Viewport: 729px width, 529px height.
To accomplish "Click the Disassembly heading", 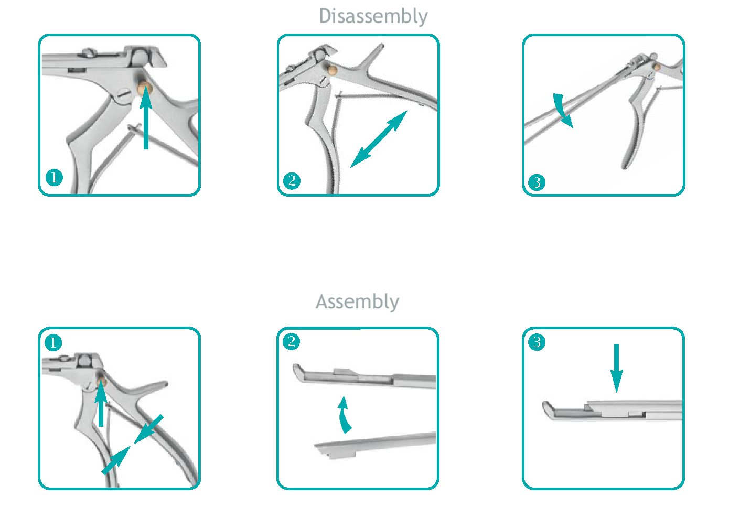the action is coord(373,17).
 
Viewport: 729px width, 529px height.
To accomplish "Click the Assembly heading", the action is coord(357,302).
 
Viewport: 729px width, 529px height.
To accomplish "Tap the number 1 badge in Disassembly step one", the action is coord(54,178).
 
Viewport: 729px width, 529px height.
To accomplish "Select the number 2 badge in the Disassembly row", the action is coord(292,180).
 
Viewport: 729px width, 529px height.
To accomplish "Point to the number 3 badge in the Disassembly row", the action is coord(537,182).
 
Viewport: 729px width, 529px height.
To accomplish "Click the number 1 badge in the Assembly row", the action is coord(53,342).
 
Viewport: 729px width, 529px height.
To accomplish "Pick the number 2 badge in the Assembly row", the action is coord(291,342).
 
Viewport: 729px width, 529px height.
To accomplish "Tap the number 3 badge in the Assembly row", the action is coord(537,342).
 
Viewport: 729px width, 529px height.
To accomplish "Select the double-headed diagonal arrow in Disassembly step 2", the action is coord(379,139).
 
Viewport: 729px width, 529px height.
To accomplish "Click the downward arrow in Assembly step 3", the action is coord(616,368).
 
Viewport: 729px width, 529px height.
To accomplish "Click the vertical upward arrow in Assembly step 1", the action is coord(101,403).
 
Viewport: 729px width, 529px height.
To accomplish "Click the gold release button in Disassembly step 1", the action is coord(145,89).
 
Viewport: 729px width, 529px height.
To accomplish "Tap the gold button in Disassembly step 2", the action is coord(331,70).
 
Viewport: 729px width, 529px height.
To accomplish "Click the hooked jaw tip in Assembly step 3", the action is coord(548,411).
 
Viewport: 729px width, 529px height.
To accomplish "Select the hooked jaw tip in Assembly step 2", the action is coord(298,373).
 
